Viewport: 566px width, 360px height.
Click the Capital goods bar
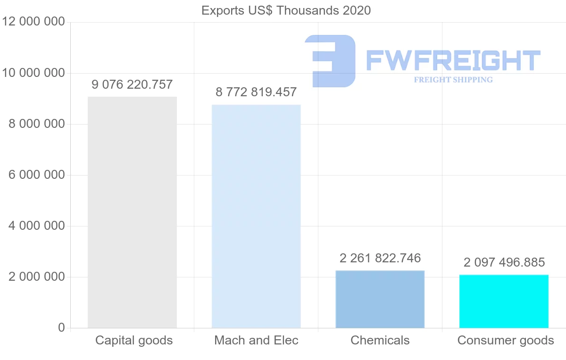coord(132,212)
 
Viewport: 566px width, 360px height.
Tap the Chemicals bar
coord(380,299)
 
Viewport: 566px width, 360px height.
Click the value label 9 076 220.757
coord(132,85)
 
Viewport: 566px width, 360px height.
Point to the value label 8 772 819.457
coord(256,92)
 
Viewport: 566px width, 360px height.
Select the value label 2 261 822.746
coord(380,258)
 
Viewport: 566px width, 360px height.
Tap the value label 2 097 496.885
coord(504,262)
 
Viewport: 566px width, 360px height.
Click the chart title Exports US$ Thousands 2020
coord(286,10)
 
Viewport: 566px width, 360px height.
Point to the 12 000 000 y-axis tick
coord(33,22)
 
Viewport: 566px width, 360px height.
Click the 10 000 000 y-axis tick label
coord(33,73)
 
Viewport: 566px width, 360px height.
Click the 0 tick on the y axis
coord(61,327)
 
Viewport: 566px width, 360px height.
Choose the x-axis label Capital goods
coord(134,340)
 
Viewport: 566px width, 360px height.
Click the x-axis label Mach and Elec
coord(256,340)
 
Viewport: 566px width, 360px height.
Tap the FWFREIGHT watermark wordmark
coord(453,60)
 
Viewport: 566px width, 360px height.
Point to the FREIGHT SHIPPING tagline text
coord(453,80)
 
